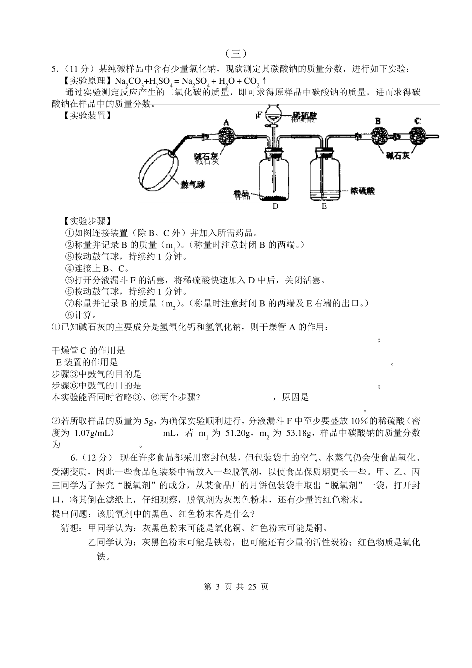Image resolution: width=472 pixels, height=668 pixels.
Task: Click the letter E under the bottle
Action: pyautogui.click(x=324, y=206)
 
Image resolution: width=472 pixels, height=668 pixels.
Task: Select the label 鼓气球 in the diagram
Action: pyautogui.click(x=194, y=184)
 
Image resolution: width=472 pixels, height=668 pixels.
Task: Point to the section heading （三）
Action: pyautogui.click(x=236, y=53)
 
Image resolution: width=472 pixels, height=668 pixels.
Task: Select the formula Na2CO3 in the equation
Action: pyautogui.click(x=129, y=81)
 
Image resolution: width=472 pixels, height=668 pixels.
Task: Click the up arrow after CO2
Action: pyautogui.click(x=264, y=80)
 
